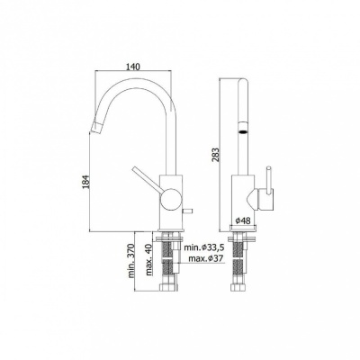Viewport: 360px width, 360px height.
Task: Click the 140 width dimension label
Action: tap(135, 66)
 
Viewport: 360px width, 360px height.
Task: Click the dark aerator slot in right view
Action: tap(241, 130)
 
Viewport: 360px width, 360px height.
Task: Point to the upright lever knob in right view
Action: tap(267, 176)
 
